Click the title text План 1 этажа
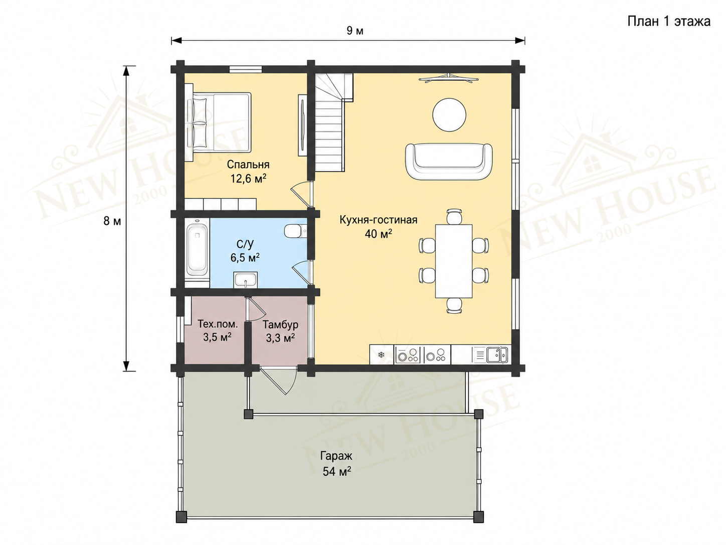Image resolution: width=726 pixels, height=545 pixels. (669, 22)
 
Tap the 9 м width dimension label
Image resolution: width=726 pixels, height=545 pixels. (355, 31)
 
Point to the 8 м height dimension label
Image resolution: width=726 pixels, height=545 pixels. (112, 221)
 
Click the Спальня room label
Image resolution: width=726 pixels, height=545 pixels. (248, 165)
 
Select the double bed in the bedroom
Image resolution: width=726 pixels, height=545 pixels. (218, 122)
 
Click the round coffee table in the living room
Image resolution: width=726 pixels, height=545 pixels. (449, 115)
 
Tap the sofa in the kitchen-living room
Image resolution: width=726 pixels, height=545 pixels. (449, 162)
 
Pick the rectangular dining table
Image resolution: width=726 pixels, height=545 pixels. (453, 261)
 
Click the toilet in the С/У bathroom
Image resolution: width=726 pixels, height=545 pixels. (295, 231)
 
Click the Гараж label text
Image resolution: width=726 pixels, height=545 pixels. (336, 457)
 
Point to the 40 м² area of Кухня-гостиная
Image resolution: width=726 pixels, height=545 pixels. (379, 234)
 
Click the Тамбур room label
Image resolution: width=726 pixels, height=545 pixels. (280, 325)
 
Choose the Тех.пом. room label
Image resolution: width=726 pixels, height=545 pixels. (217, 324)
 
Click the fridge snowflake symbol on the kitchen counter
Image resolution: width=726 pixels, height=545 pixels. (381, 355)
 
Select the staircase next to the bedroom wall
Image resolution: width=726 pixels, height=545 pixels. (332, 122)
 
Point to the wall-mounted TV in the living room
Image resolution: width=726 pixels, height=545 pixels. (448, 78)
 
